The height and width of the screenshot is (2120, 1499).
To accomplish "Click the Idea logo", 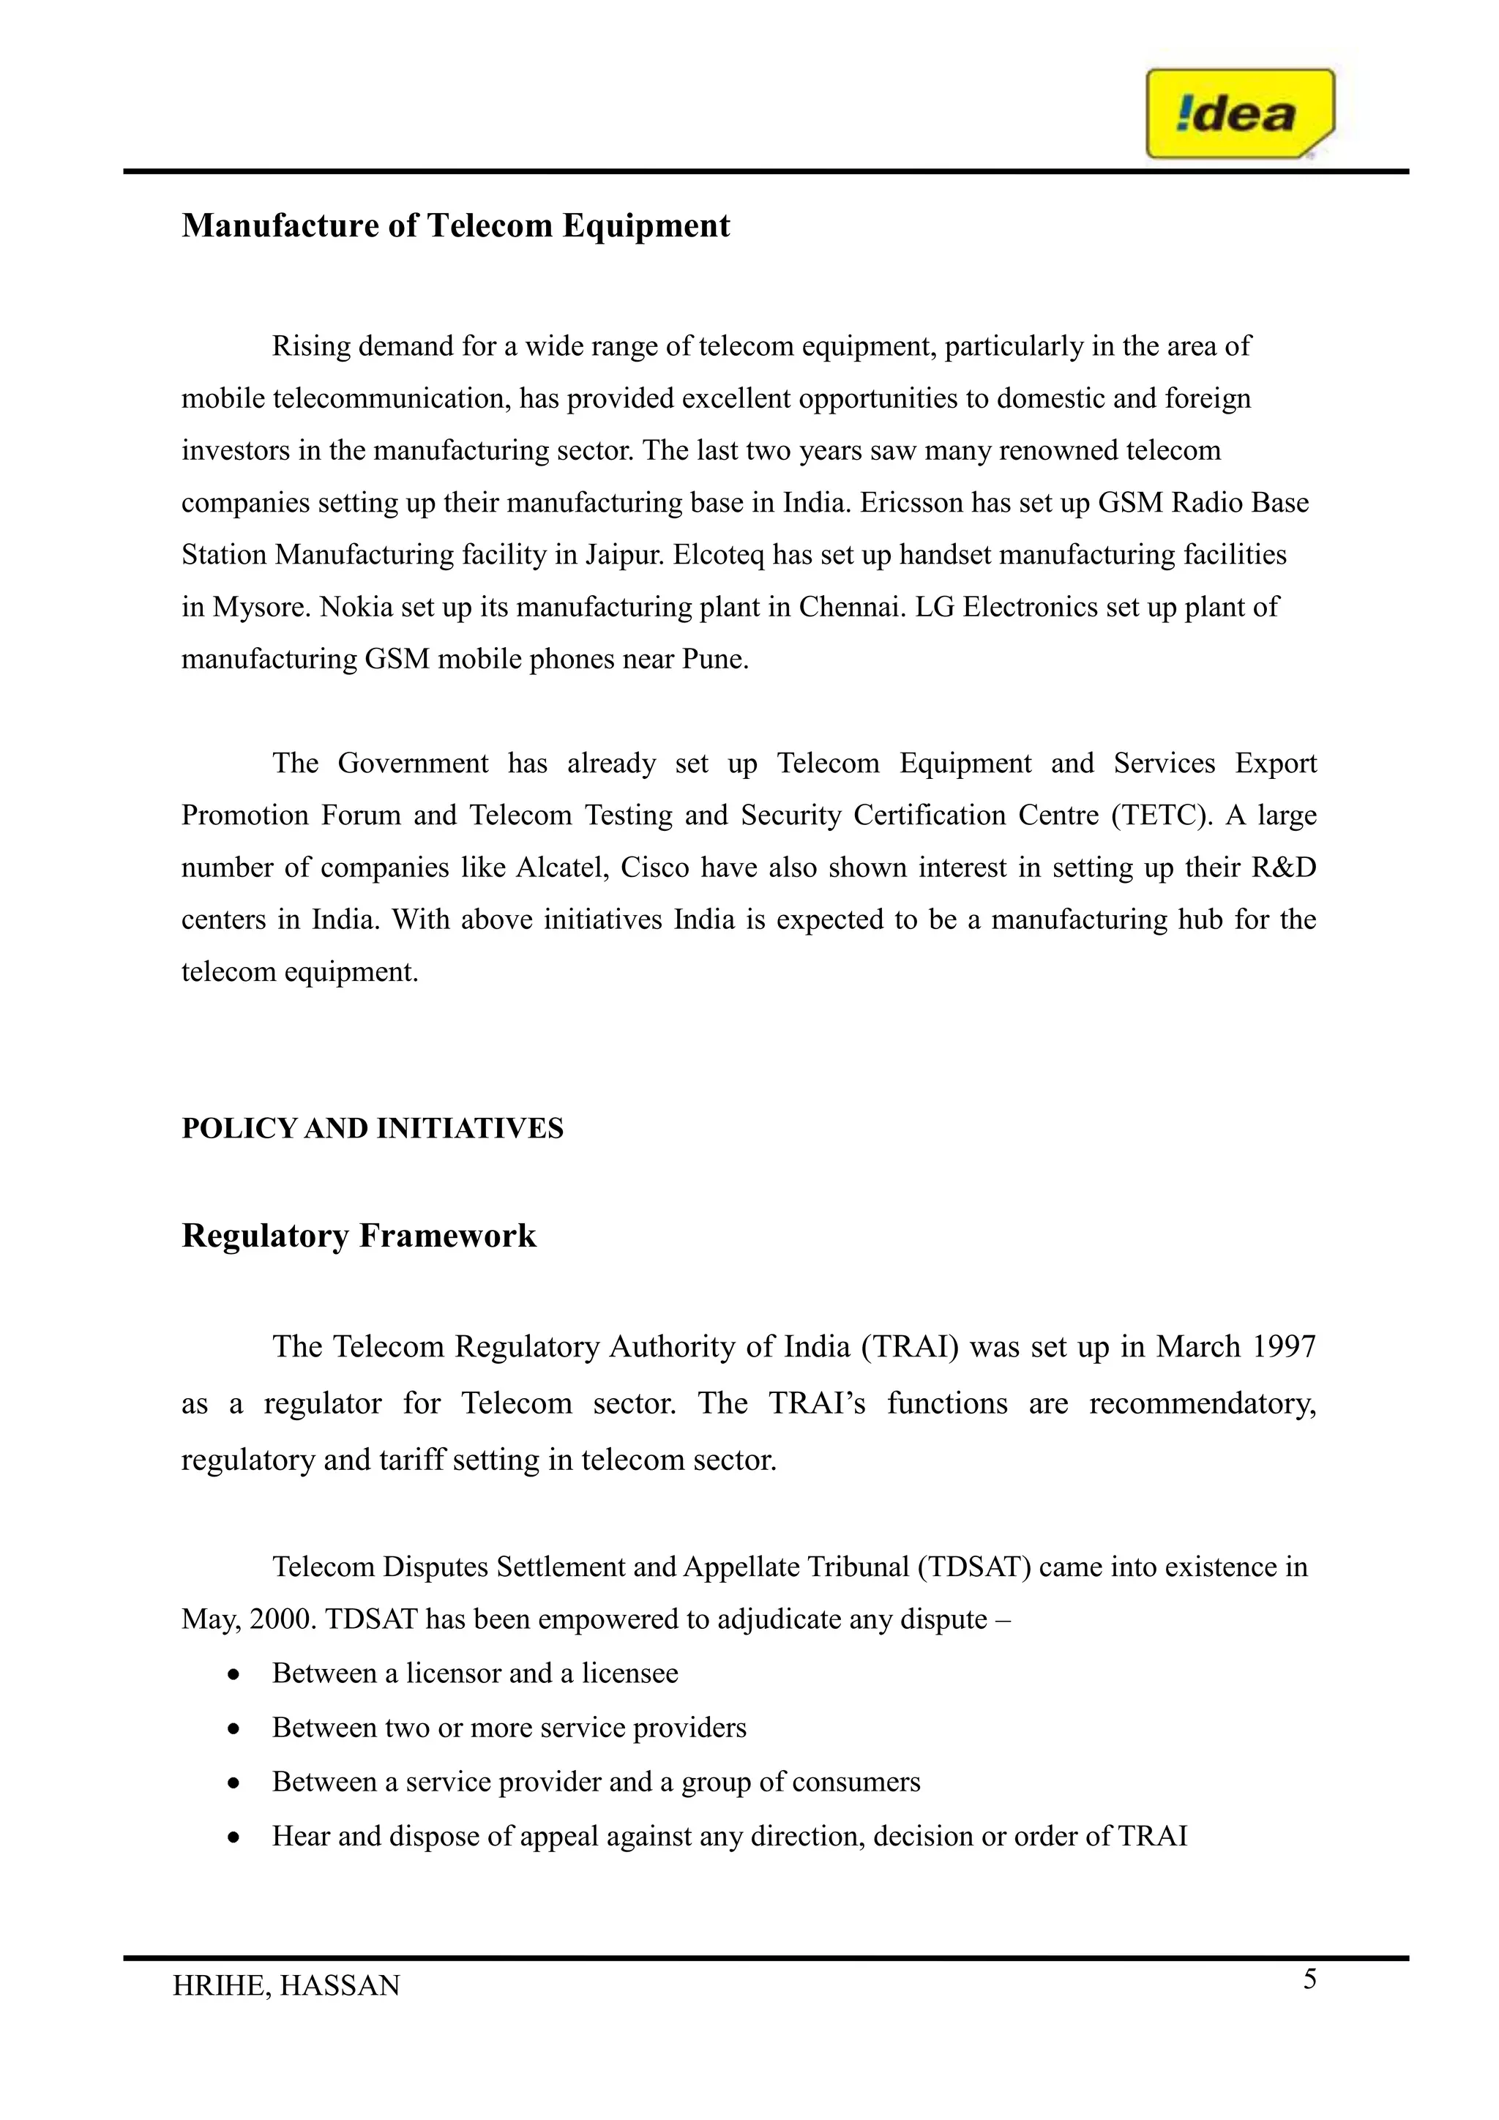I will [x=1240, y=113].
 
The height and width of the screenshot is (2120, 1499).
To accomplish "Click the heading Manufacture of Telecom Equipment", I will [x=455, y=225].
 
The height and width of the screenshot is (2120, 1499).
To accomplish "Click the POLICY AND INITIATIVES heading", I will [x=372, y=1128].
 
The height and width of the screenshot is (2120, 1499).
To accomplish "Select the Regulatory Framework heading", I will [x=358, y=1236].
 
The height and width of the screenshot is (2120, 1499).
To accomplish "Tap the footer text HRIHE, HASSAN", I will [x=286, y=1985].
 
